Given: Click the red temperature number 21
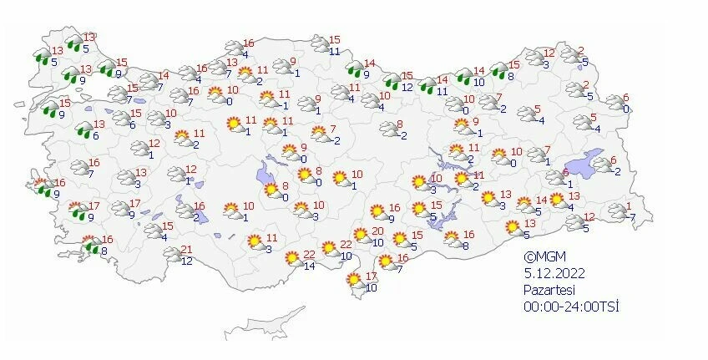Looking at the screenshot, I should coord(187,250).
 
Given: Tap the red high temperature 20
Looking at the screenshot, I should coord(377,231).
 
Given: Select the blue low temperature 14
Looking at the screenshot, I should coord(307,266).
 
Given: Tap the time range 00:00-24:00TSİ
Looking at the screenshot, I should coord(571,307).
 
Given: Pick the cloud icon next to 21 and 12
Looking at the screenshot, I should coord(174,256).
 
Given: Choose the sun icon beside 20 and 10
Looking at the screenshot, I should coord(362,236).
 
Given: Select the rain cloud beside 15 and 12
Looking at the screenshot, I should coord(392,81).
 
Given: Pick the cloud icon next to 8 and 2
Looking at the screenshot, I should coord(388,129).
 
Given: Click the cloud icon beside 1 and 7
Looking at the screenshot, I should coord(618,210).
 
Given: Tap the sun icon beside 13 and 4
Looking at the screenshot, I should coord(557,200).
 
